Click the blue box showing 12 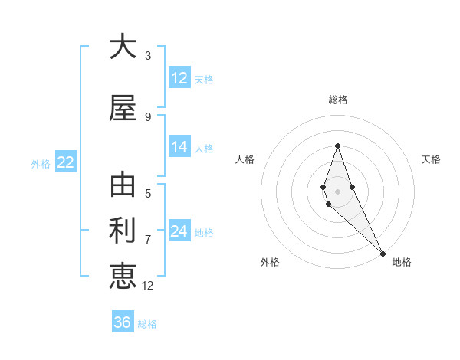(179, 78)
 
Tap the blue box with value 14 (179, 148)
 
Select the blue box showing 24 (179, 232)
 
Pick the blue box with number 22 (65, 162)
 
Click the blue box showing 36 (123, 322)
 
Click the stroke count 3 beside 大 (148, 56)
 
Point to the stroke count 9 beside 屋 (148, 116)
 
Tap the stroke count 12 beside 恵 (148, 286)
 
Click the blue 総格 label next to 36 (147, 324)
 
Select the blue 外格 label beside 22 (41, 163)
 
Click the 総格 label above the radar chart (338, 100)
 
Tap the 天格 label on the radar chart (432, 159)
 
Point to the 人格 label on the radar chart (245, 159)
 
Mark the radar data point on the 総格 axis (337, 146)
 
